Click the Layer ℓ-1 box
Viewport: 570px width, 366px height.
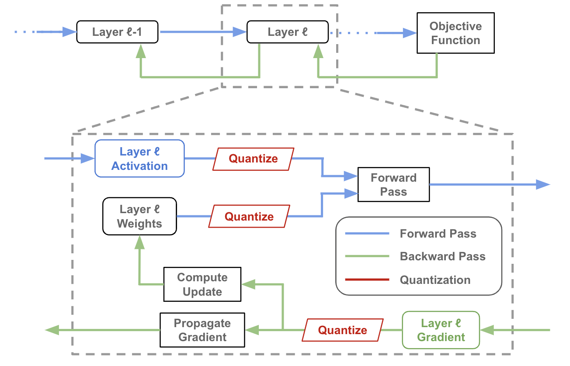click(x=117, y=32)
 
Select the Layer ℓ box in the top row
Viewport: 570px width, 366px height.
click(x=287, y=32)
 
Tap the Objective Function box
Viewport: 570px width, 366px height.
click(x=455, y=33)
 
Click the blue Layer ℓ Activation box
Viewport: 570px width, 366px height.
click(x=139, y=159)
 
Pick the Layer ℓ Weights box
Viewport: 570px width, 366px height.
click(x=139, y=216)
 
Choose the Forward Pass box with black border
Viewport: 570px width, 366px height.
click(x=393, y=184)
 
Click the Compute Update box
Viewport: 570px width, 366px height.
click(x=202, y=284)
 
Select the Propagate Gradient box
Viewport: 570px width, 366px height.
click(x=202, y=330)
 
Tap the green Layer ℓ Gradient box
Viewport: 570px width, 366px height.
click(x=441, y=330)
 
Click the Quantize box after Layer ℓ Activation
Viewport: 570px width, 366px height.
click(x=254, y=159)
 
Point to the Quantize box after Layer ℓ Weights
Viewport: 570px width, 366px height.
click(x=249, y=217)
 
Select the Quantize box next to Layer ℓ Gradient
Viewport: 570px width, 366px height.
click(x=343, y=330)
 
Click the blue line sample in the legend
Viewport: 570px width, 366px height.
click(x=367, y=234)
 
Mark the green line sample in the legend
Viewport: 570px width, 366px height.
click(x=367, y=256)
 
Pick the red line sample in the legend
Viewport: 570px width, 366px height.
click(x=367, y=280)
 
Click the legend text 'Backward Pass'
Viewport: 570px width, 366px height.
click(x=442, y=256)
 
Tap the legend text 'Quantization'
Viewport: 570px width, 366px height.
click(x=435, y=280)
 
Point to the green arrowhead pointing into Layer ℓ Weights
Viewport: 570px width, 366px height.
click(x=139, y=242)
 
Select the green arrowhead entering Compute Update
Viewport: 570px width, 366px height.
click(x=248, y=284)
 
